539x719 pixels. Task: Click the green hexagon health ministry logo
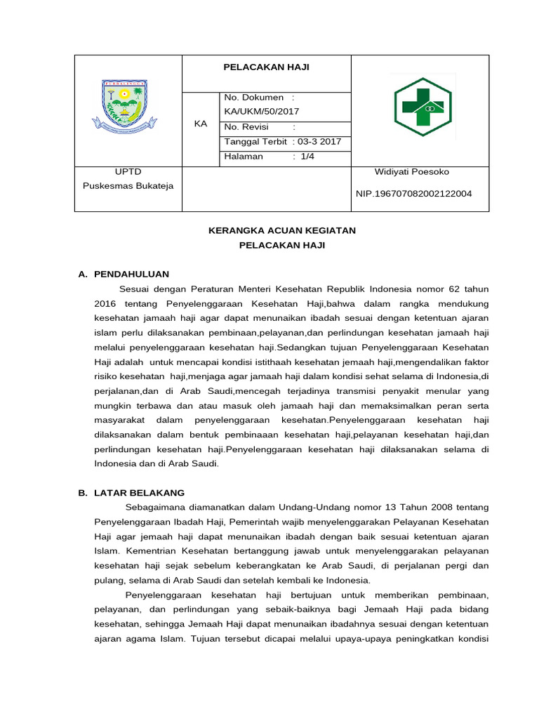pyautogui.click(x=422, y=107)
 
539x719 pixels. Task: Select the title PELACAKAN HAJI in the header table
pyautogui.click(x=266, y=67)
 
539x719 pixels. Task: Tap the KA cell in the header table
pyautogui.click(x=201, y=124)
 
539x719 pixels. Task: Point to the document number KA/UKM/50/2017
pyautogui.click(x=261, y=111)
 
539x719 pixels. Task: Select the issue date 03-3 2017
pyautogui.click(x=319, y=141)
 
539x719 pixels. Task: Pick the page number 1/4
pyautogui.click(x=307, y=157)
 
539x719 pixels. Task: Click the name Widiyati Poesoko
pyautogui.click(x=412, y=171)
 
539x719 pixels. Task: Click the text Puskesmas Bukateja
pyautogui.click(x=128, y=186)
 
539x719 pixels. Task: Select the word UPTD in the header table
pyautogui.click(x=128, y=171)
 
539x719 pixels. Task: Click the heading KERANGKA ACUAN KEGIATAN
pyautogui.click(x=282, y=230)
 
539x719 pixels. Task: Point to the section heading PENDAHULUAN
pyautogui.click(x=131, y=274)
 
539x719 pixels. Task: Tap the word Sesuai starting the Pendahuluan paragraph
pyautogui.click(x=133, y=289)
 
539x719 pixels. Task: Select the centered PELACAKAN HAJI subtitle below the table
pyautogui.click(x=282, y=245)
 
